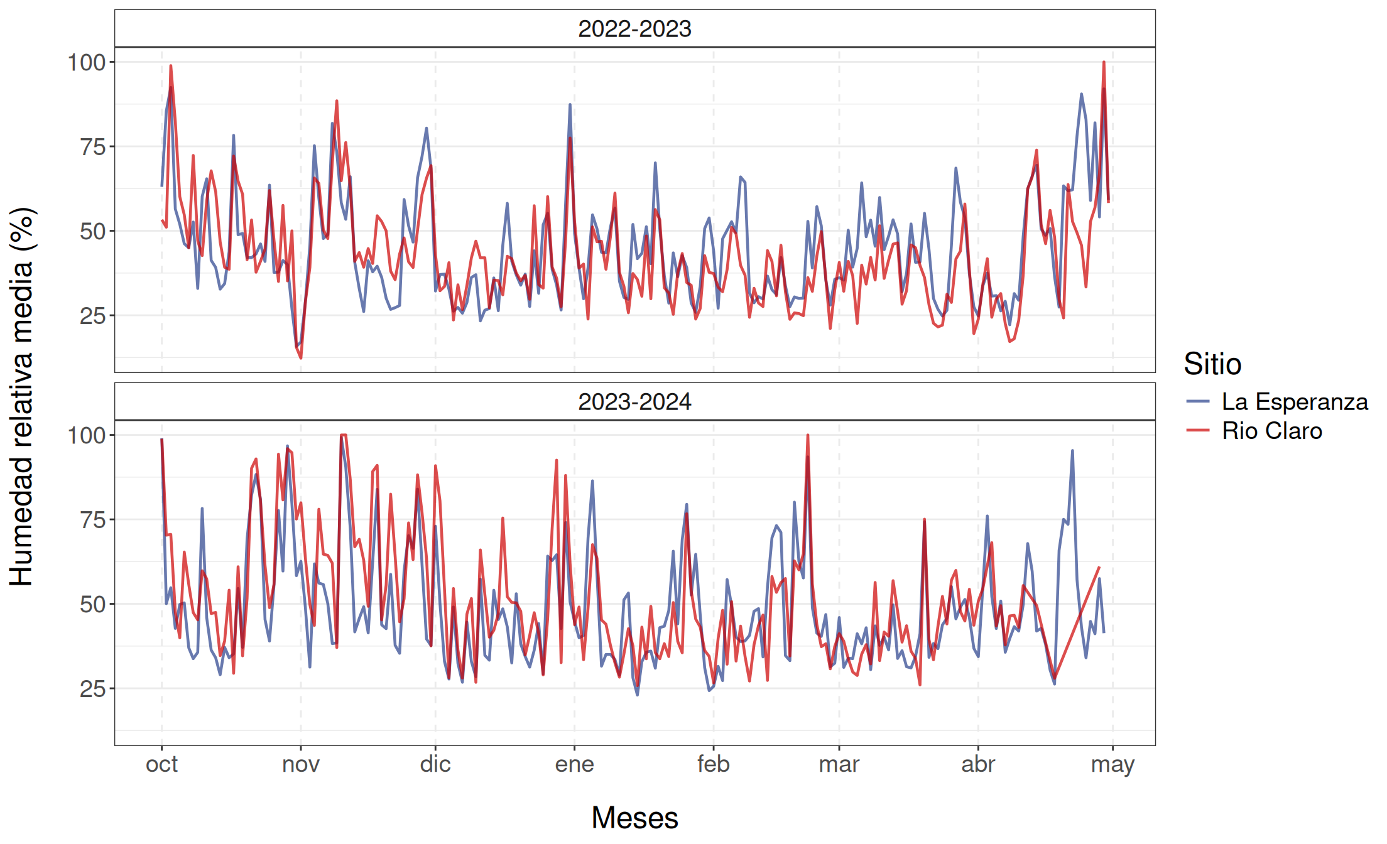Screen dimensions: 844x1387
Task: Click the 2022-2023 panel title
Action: pyautogui.click(x=634, y=29)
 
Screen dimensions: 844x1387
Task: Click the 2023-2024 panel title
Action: pyautogui.click(x=634, y=402)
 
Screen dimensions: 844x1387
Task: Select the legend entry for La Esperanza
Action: pyautogui.click(x=1294, y=402)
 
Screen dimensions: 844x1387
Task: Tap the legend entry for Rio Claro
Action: pyautogui.click(x=1271, y=431)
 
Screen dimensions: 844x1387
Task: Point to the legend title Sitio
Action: pyautogui.click(x=1212, y=364)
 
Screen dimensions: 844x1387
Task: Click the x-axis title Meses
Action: pyautogui.click(x=634, y=818)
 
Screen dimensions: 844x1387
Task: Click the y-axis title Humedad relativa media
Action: pyautogui.click(x=21, y=397)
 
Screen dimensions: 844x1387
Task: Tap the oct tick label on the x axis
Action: pyautogui.click(x=161, y=764)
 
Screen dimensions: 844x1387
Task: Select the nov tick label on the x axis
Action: pyautogui.click(x=301, y=764)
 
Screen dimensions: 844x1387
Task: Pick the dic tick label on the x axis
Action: pyautogui.click(x=435, y=764)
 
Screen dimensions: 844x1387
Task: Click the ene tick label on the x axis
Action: pyautogui.click(x=574, y=764)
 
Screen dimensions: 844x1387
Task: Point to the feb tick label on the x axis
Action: pyautogui.click(x=714, y=764)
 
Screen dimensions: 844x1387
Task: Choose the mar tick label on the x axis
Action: pyautogui.click(x=839, y=764)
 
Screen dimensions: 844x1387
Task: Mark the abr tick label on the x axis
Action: pyautogui.click(x=978, y=764)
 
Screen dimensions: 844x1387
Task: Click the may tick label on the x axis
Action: pyautogui.click(x=1112, y=764)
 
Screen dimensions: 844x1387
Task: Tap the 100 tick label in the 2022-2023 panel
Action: pyautogui.click(x=87, y=62)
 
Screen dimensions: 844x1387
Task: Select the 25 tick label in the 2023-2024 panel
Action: pyautogui.click(x=93, y=689)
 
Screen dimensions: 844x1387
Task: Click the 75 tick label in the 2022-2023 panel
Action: pyautogui.click(x=93, y=147)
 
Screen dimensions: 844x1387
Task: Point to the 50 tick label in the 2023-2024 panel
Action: pyautogui.click(x=93, y=604)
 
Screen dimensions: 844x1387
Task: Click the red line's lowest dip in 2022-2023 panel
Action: pyautogui.click(x=301, y=358)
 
